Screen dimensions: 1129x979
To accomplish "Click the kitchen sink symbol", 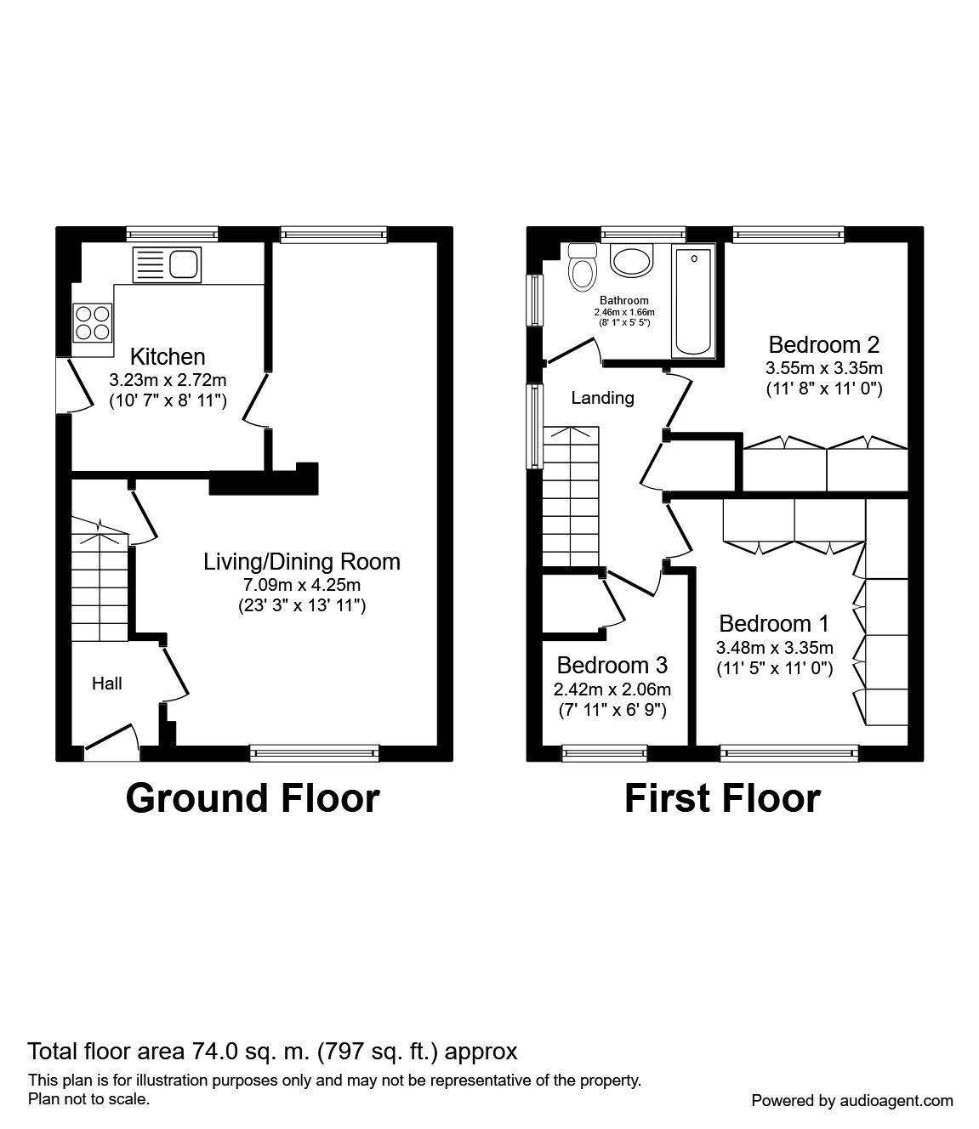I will click(x=166, y=265).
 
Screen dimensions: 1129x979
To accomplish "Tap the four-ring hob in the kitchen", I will click(x=93, y=322).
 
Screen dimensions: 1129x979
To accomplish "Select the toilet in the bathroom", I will click(x=583, y=267).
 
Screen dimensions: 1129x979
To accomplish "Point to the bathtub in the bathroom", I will click(x=695, y=302).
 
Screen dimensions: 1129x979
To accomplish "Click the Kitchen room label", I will click(x=168, y=356).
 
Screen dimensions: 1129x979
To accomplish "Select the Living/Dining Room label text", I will click(x=301, y=561).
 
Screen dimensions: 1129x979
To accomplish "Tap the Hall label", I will click(x=107, y=683).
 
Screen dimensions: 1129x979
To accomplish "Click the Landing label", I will click(x=602, y=397).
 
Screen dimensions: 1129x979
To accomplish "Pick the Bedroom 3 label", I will click(x=612, y=664).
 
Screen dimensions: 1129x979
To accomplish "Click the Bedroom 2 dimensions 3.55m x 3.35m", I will click(x=823, y=368).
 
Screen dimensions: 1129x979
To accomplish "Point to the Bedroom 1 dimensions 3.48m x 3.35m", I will click(x=774, y=647).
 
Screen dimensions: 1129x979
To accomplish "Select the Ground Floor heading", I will click(x=253, y=798).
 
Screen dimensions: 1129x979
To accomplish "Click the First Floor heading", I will click(x=722, y=798).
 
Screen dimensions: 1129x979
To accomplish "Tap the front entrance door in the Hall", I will click(x=111, y=740).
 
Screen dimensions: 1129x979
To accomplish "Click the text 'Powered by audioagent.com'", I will click(x=852, y=1100).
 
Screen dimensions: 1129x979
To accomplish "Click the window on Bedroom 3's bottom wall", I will click(x=604, y=751).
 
